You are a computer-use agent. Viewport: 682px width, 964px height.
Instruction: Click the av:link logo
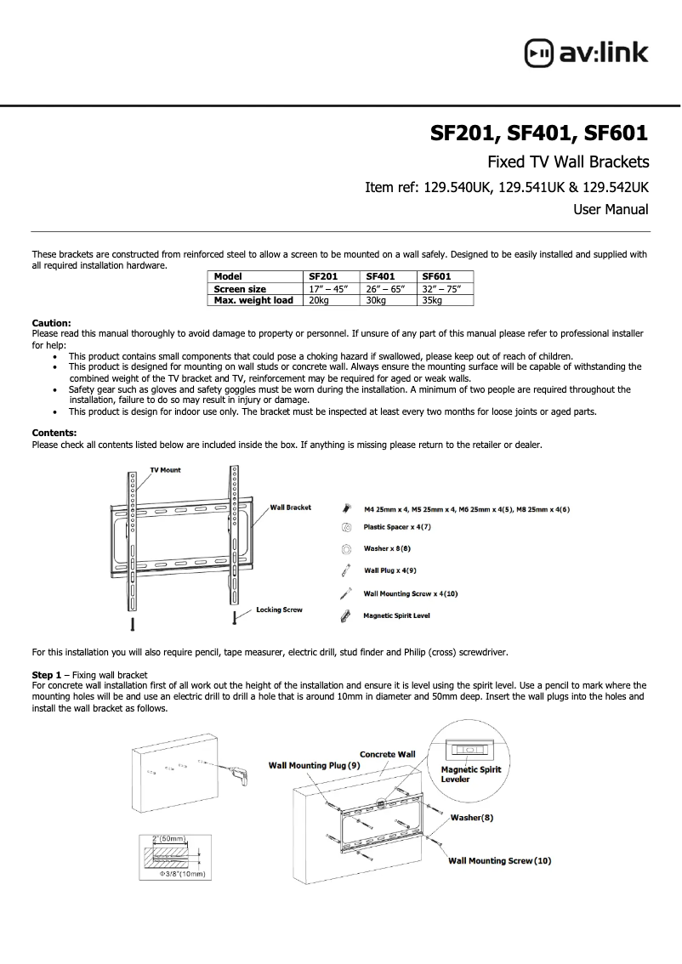(586, 53)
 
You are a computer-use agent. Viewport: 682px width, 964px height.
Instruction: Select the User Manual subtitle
(611, 209)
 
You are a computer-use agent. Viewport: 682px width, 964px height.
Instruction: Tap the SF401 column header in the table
(381, 276)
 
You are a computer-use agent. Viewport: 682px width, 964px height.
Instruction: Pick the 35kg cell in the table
(433, 300)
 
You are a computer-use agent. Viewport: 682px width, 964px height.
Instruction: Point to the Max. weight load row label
(253, 300)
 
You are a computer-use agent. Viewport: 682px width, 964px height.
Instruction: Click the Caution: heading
(51, 323)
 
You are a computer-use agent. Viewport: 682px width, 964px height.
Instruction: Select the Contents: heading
(54, 433)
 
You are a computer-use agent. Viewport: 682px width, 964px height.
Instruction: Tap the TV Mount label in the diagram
(165, 470)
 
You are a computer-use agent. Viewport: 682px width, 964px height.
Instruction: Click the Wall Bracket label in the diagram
(290, 508)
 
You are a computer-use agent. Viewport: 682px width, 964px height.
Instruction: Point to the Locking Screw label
(279, 610)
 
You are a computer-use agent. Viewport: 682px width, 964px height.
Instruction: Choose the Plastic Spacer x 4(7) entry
(397, 527)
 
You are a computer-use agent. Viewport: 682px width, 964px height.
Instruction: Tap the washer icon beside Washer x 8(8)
(346, 549)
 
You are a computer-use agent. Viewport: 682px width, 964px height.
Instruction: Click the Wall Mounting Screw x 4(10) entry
(410, 593)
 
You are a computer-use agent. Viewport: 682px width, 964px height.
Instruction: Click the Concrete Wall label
(387, 754)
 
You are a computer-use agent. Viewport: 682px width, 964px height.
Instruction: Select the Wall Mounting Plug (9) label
(315, 765)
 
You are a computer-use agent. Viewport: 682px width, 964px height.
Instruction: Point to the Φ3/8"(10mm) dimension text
(185, 874)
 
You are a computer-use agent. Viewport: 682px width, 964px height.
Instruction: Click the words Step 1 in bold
(47, 674)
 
